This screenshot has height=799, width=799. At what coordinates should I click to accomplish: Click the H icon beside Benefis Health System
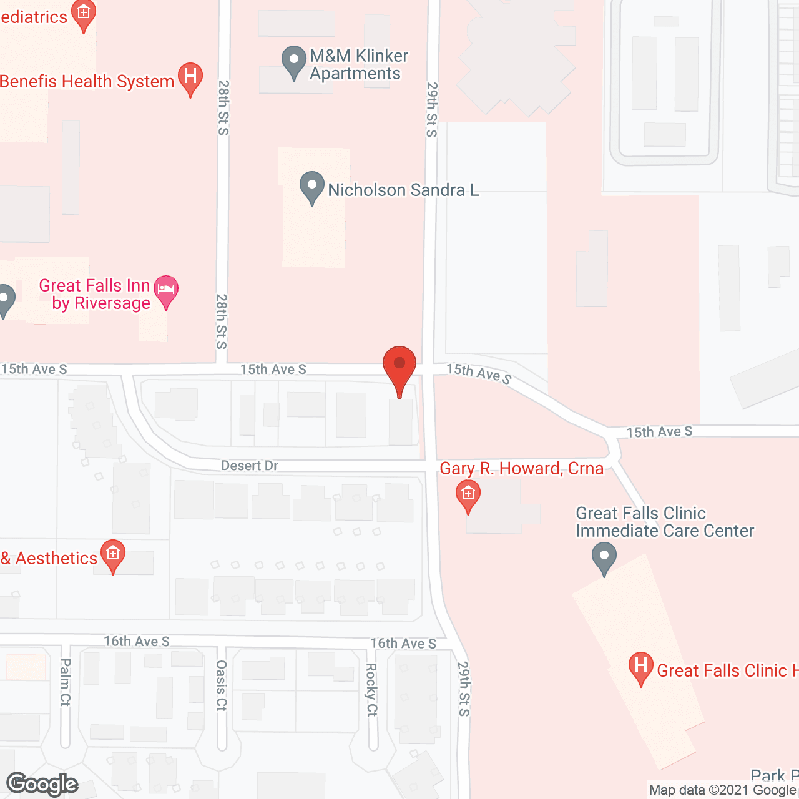190,78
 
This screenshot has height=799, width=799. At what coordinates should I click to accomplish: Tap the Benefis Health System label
87,82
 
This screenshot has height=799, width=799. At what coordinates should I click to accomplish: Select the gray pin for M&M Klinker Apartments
293,62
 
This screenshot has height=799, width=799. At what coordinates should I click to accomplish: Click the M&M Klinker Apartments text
358,64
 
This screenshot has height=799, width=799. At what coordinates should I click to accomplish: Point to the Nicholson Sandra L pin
312,187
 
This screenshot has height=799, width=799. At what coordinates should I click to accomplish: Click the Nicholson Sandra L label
403,190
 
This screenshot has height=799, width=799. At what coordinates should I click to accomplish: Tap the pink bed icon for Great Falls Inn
166,290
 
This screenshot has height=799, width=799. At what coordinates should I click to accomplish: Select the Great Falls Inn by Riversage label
95,294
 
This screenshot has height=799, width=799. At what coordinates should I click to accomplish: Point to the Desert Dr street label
250,466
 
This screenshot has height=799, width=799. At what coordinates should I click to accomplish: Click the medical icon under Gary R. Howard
468,495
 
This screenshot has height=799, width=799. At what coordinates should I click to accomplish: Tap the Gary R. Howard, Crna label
521,469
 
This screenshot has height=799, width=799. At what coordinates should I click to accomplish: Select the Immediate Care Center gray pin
604,557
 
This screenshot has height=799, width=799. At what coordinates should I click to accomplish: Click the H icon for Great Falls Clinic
640,667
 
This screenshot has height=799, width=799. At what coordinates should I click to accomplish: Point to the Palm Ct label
66,682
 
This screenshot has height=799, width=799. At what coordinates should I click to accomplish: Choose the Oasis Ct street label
222,685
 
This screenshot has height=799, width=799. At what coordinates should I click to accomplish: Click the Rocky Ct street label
372,689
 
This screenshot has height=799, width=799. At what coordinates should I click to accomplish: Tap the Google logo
42,784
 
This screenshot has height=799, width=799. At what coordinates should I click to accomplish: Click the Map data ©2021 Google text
723,790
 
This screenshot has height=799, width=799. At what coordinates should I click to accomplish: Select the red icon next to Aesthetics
113,555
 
